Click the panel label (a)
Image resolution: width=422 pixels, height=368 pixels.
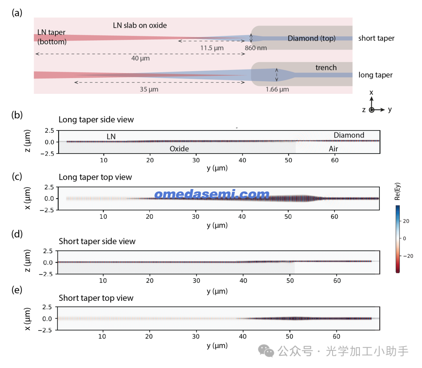(17, 13)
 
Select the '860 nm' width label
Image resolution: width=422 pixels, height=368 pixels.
(256, 48)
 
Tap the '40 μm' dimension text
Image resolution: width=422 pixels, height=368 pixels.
(141, 59)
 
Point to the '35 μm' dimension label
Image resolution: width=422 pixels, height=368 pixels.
(149, 89)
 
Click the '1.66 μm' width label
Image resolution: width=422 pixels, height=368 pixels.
(277, 89)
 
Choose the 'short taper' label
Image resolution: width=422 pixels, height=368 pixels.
(376, 38)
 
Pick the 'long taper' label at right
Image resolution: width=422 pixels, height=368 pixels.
(376, 75)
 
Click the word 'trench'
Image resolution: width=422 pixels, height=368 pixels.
(326, 68)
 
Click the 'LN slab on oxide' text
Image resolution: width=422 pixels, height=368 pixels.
(140, 25)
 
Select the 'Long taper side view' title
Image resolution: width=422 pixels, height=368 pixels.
(96, 120)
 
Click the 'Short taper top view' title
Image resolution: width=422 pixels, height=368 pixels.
(96, 298)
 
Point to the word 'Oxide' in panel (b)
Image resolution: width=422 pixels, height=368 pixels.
(179, 149)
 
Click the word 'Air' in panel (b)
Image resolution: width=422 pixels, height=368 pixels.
(333, 149)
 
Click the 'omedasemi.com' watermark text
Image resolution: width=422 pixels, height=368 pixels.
(212, 195)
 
